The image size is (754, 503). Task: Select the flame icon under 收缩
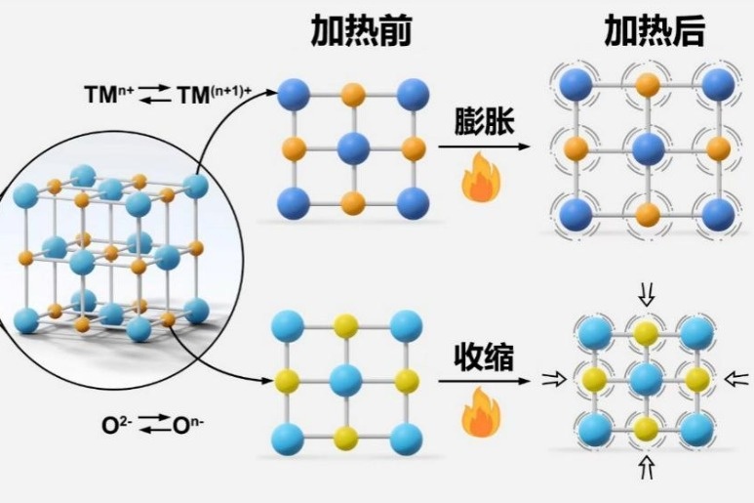pos(480,417)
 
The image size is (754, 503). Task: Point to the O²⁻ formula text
pos(117,424)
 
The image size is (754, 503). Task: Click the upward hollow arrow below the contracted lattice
pos(644,470)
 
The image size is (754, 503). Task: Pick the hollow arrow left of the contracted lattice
pos(552,381)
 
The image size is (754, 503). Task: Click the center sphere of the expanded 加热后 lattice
pos(645,149)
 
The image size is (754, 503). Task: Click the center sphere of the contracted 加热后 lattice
pos(644,379)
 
